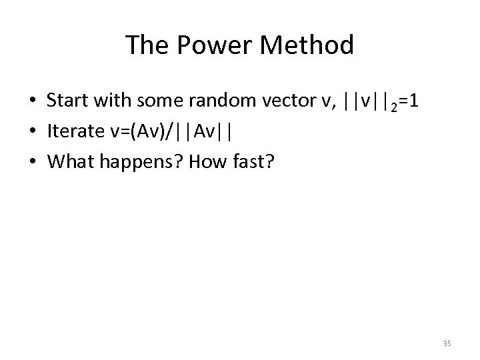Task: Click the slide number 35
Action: click(x=447, y=343)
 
